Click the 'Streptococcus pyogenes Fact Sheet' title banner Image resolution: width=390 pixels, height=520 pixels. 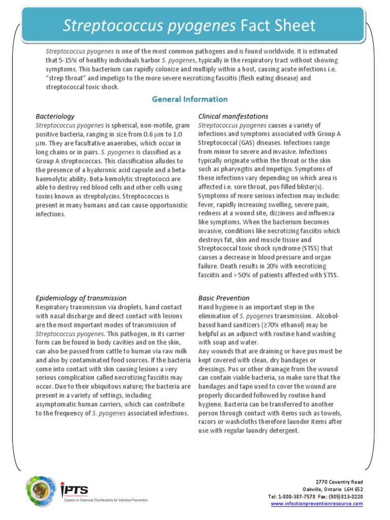pos(189,25)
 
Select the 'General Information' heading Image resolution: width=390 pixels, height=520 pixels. pos(190,99)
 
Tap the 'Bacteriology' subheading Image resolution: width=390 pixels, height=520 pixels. pos(55,116)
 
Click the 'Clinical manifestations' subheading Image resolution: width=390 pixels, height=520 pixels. pos(233,116)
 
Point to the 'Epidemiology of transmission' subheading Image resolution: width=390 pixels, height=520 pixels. pos(81,298)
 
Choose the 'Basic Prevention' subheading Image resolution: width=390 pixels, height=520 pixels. pos(223,298)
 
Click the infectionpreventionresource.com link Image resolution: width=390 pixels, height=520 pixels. pos(317,504)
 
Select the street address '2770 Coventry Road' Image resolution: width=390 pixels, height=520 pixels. pos(339,481)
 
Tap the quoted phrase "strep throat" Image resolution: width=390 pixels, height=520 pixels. pos(66,79)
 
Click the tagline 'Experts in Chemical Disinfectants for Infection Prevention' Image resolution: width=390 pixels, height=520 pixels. pos(105,500)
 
